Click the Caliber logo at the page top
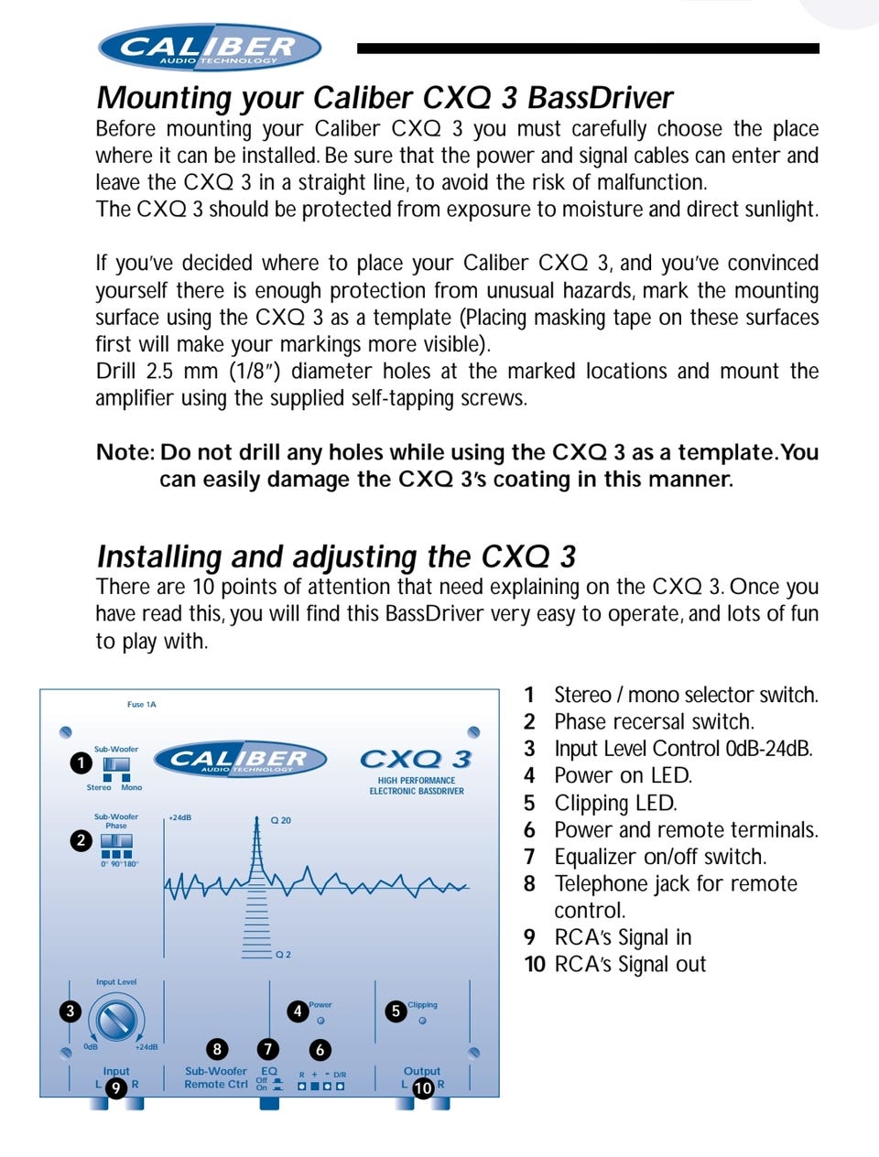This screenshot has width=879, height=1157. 209,48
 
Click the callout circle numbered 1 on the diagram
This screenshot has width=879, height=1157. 81,762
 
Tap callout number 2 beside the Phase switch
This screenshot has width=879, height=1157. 81,840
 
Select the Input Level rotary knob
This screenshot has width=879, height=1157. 117,1021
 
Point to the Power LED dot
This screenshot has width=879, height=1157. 320,1021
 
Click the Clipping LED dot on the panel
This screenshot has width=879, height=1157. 422,1021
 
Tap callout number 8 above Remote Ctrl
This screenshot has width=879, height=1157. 217,1049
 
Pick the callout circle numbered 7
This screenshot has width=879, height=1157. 267,1049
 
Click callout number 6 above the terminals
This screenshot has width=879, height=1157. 320,1050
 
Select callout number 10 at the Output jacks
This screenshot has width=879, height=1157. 422,1087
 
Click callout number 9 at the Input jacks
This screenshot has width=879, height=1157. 115,1087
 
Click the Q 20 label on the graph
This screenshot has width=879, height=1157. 281,820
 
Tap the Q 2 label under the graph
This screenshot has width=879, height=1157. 283,955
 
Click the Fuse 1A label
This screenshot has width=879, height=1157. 142,704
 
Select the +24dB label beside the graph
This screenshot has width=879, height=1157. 180,818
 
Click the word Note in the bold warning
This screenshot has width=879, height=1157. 125,453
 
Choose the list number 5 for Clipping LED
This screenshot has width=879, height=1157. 529,804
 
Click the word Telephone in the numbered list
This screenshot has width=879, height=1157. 602,884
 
